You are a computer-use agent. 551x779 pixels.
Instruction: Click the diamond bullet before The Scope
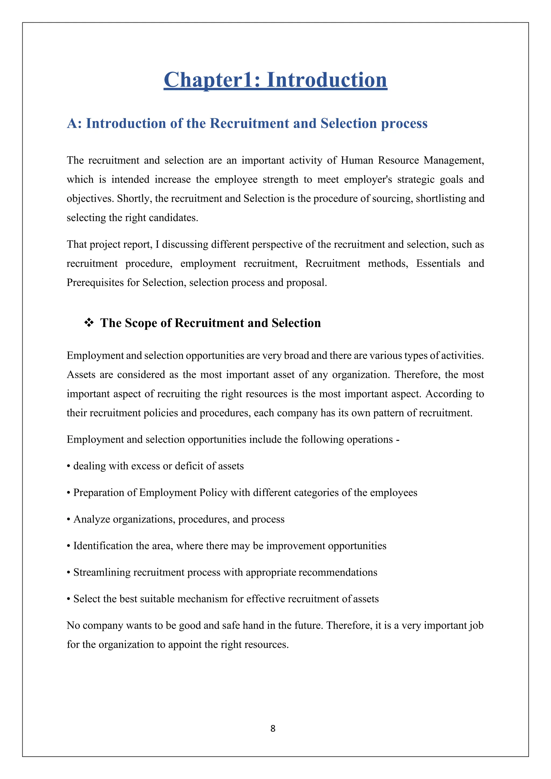pyautogui.click(x=89, y=323)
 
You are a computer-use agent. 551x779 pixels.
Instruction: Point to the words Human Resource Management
pyautogui.click(x=412, y=160)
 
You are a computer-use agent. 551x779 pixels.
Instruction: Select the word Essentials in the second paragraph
pyautogui.click(x=438, y=264)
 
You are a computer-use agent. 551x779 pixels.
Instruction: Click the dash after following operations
pyautogui.click(x=398, y=440)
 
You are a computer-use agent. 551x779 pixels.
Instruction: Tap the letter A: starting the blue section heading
pyautogui.click(x=74, y=123)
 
